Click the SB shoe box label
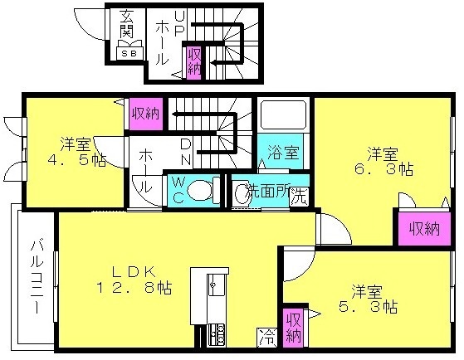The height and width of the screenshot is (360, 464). (x=129, y=54)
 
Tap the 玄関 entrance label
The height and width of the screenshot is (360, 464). (x=127, y=24)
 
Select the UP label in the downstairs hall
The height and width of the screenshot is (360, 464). (x=179, y=23)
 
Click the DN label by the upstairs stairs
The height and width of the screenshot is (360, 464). (x=186, y=152)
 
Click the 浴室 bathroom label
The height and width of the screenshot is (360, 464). (x=283, y=153)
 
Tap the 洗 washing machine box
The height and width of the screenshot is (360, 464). (x=299, y=197)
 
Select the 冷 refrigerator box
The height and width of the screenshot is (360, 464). (x=267, y=338)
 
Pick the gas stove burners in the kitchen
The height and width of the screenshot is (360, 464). (x=217, y=335)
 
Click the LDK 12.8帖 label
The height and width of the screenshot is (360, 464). (x=134, y=280)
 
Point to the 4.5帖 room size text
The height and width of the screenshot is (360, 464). (x=77, y=160)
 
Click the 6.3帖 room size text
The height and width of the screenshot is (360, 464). (x=383, y=169)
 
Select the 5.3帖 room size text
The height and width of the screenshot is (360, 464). (x=368, y=306)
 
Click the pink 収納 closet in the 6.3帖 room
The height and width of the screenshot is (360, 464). (x=424, y=229)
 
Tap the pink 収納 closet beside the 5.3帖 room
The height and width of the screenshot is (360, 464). (x=293, y=328)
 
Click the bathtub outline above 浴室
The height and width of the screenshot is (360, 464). (x=283, y=115)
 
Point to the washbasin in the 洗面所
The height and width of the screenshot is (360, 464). (x=241, y=194)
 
